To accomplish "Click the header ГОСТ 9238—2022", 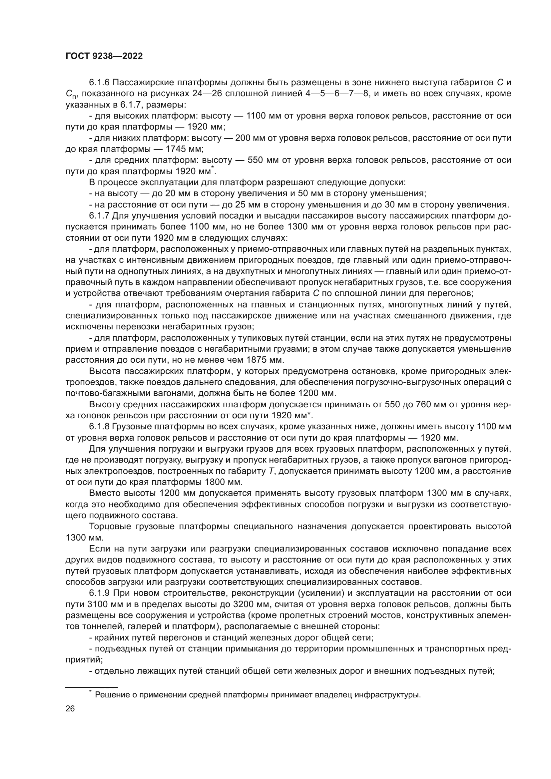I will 104,56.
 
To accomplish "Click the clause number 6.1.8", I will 99,427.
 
